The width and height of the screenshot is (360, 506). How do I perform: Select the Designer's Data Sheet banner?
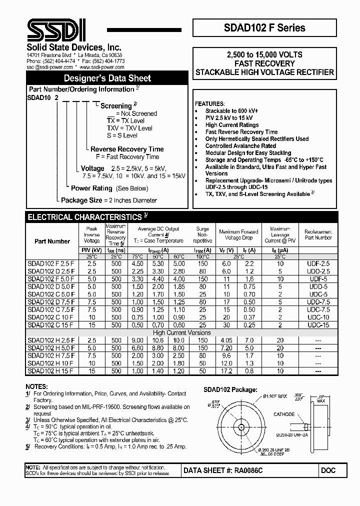107,78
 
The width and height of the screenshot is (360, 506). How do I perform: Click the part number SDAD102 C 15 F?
51,325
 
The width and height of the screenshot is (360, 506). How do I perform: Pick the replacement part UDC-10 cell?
318,317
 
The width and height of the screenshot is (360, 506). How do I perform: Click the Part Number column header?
52,241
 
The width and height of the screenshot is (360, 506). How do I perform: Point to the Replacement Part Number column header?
318,234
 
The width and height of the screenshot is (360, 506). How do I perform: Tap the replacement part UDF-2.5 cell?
318,263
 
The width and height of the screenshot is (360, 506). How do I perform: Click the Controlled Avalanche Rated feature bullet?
240,146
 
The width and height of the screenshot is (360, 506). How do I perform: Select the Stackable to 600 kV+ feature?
231,111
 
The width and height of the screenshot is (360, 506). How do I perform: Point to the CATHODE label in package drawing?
284,414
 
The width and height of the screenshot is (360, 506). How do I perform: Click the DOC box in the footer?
328,470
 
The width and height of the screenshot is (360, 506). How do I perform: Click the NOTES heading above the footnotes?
37,386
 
